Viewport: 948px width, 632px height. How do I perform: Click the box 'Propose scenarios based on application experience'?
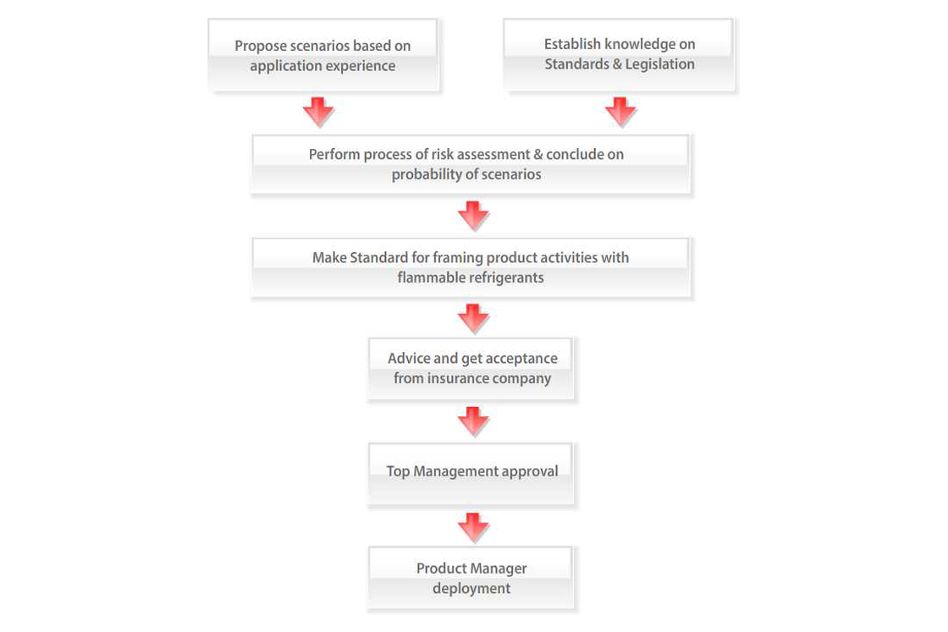click(x=322, y=55)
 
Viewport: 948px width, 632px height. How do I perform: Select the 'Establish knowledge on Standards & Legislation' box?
click(x=619, y=55)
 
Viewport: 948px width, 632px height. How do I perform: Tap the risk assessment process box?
click(x=470, y=164)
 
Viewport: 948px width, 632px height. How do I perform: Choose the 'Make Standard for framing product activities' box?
click(x=470, y=267)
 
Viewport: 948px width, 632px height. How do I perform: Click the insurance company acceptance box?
click(x=471, y=369)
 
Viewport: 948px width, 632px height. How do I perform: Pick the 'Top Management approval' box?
click(x=471, y=474)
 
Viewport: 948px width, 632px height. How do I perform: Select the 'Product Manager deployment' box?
click(x=471, y=578)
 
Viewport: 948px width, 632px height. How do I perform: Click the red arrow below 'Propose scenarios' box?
click(x=318, y=112)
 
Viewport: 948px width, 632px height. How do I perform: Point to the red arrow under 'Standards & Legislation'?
click(x=620, y=112)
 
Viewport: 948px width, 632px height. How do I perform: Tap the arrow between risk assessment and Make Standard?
click(x=473, y=216)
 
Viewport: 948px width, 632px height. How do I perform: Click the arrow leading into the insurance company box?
click(x=473, y=319)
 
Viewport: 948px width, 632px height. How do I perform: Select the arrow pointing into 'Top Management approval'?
click(x=473, y=421)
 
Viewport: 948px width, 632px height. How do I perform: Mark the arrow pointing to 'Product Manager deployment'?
click(x=473, y=527)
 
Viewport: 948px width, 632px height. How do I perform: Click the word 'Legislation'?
click(x=659, y=64)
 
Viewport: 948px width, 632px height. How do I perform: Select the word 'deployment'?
click(x=471, y=589)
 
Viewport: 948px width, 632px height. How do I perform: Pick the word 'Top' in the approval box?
click(x=398, y=471)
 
